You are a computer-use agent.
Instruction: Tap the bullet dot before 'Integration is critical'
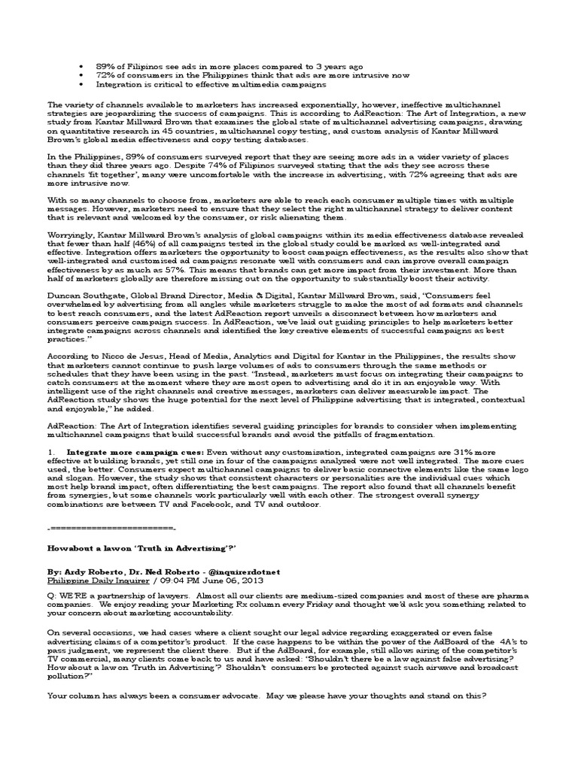(x=81, y=86)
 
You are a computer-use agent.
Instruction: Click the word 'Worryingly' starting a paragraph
(x=71, y=235)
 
